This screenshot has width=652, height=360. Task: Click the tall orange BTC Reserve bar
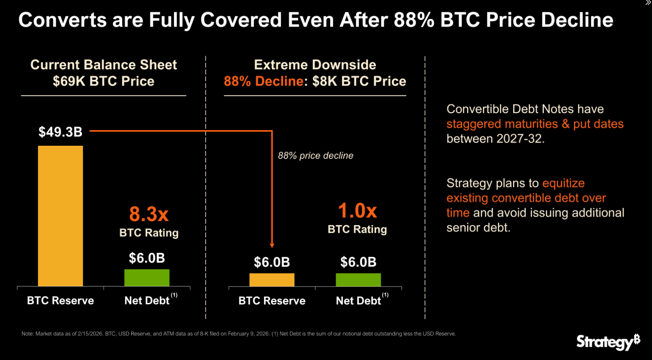[x=60, y=215]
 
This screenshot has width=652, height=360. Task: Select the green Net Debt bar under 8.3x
[x=147, y=278]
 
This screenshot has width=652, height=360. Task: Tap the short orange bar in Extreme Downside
[x=272, y=280]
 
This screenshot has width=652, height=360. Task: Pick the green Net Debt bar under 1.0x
[x=358, y=280]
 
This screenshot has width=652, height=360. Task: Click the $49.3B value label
[x=60, y=132]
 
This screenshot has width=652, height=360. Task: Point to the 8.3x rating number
[x=149, y=214]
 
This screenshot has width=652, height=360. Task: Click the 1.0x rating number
[x=357, y=210]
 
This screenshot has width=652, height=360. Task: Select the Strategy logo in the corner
[x=608, y=341]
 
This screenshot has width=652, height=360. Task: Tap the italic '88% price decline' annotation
[x=315, y=155]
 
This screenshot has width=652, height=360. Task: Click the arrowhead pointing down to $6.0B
[x=272, y=245]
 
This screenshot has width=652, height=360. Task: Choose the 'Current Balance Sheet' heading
[x=103, y=65]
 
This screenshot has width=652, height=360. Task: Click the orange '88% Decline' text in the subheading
[x=263, y=81]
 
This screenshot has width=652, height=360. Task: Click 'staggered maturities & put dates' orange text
[x=535, y=124]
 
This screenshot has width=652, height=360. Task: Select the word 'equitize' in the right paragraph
[x=563, y=183]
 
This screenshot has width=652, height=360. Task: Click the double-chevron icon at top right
[x=648, y=3]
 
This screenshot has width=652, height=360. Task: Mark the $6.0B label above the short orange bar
[x=272, y=262]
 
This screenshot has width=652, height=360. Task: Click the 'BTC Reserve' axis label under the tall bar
[x=60, y=300]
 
